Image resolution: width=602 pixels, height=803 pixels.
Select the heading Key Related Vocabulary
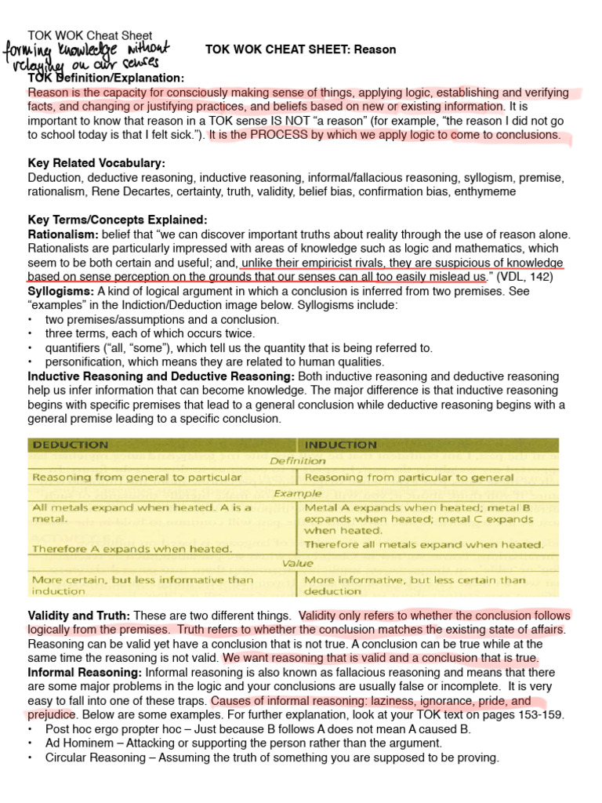(x=96, y=163)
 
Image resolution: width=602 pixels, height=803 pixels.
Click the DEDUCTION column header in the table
(x=71, y=445)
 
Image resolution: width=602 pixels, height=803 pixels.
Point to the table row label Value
(x=297, y=563)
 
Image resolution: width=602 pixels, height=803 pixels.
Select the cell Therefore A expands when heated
(x=132, y=549)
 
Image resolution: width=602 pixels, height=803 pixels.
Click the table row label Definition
(x=297, y=460)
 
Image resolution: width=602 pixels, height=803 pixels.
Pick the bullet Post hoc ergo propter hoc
(x=113, y=729)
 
